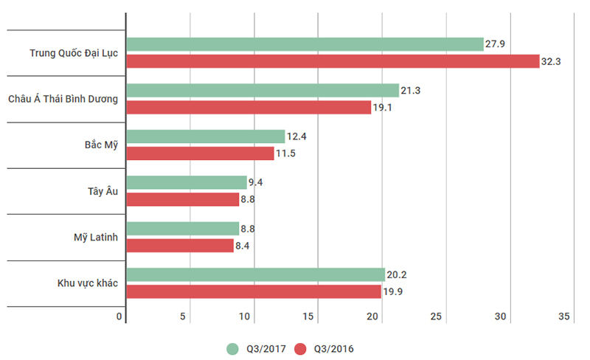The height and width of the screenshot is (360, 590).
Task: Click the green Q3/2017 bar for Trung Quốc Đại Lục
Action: click(x=305, y=44)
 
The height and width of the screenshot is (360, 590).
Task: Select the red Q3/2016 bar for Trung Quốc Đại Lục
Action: click(x=333, y=61)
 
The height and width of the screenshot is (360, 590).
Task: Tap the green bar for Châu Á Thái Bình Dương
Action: click(x=263, y=90)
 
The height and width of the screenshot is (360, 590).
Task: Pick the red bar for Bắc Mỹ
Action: click(x=200, y=153)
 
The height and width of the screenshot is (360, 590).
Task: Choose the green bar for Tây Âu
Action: click(x=187, y=182)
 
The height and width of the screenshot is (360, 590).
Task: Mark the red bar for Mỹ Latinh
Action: click(x=180, y=246)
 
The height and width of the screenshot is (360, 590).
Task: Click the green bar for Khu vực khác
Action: click(x=255, y=274)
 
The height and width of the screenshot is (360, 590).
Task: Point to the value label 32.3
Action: click(x=552, y=62)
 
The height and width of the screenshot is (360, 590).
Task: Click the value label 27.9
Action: click(x=495, y=45)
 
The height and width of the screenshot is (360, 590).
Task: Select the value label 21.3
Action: click(x=410, y=91)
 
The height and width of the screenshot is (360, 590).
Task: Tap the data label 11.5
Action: click(x=285, y=154)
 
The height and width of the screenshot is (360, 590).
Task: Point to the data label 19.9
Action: click(x=392, y=292)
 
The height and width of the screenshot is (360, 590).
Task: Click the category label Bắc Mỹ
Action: click(x=101, y=145)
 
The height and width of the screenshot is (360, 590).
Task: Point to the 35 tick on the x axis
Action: click(x=564, y=316)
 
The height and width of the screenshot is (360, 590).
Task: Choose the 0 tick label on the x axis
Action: click(x=119, y=316)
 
